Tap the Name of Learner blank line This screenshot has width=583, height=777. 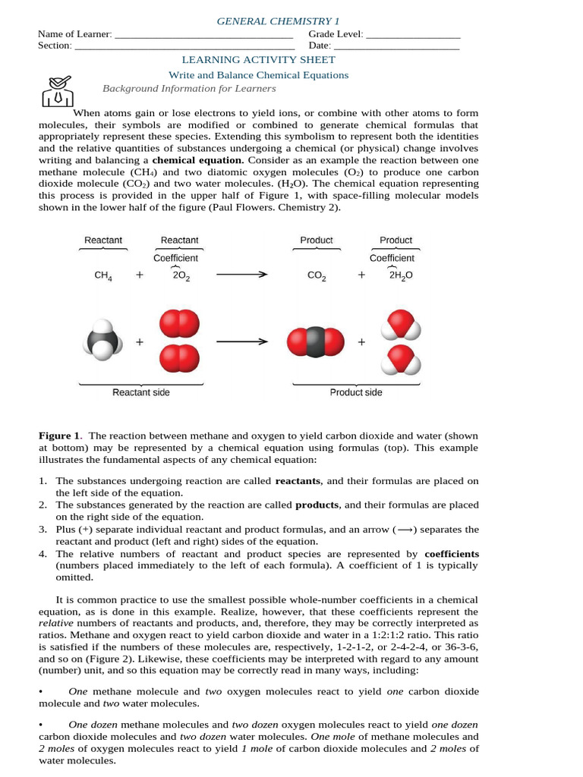[203, 35]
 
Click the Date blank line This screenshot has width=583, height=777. [396, 46]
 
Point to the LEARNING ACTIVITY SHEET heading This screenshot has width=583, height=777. [257, 60]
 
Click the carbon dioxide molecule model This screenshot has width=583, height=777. [317, 342]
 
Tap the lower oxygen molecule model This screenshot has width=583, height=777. [179, 359]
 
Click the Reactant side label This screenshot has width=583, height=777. [141, 392]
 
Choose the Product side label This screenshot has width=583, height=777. [356, 392]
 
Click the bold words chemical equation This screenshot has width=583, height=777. [197, 161]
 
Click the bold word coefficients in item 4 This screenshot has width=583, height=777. [451, 554]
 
